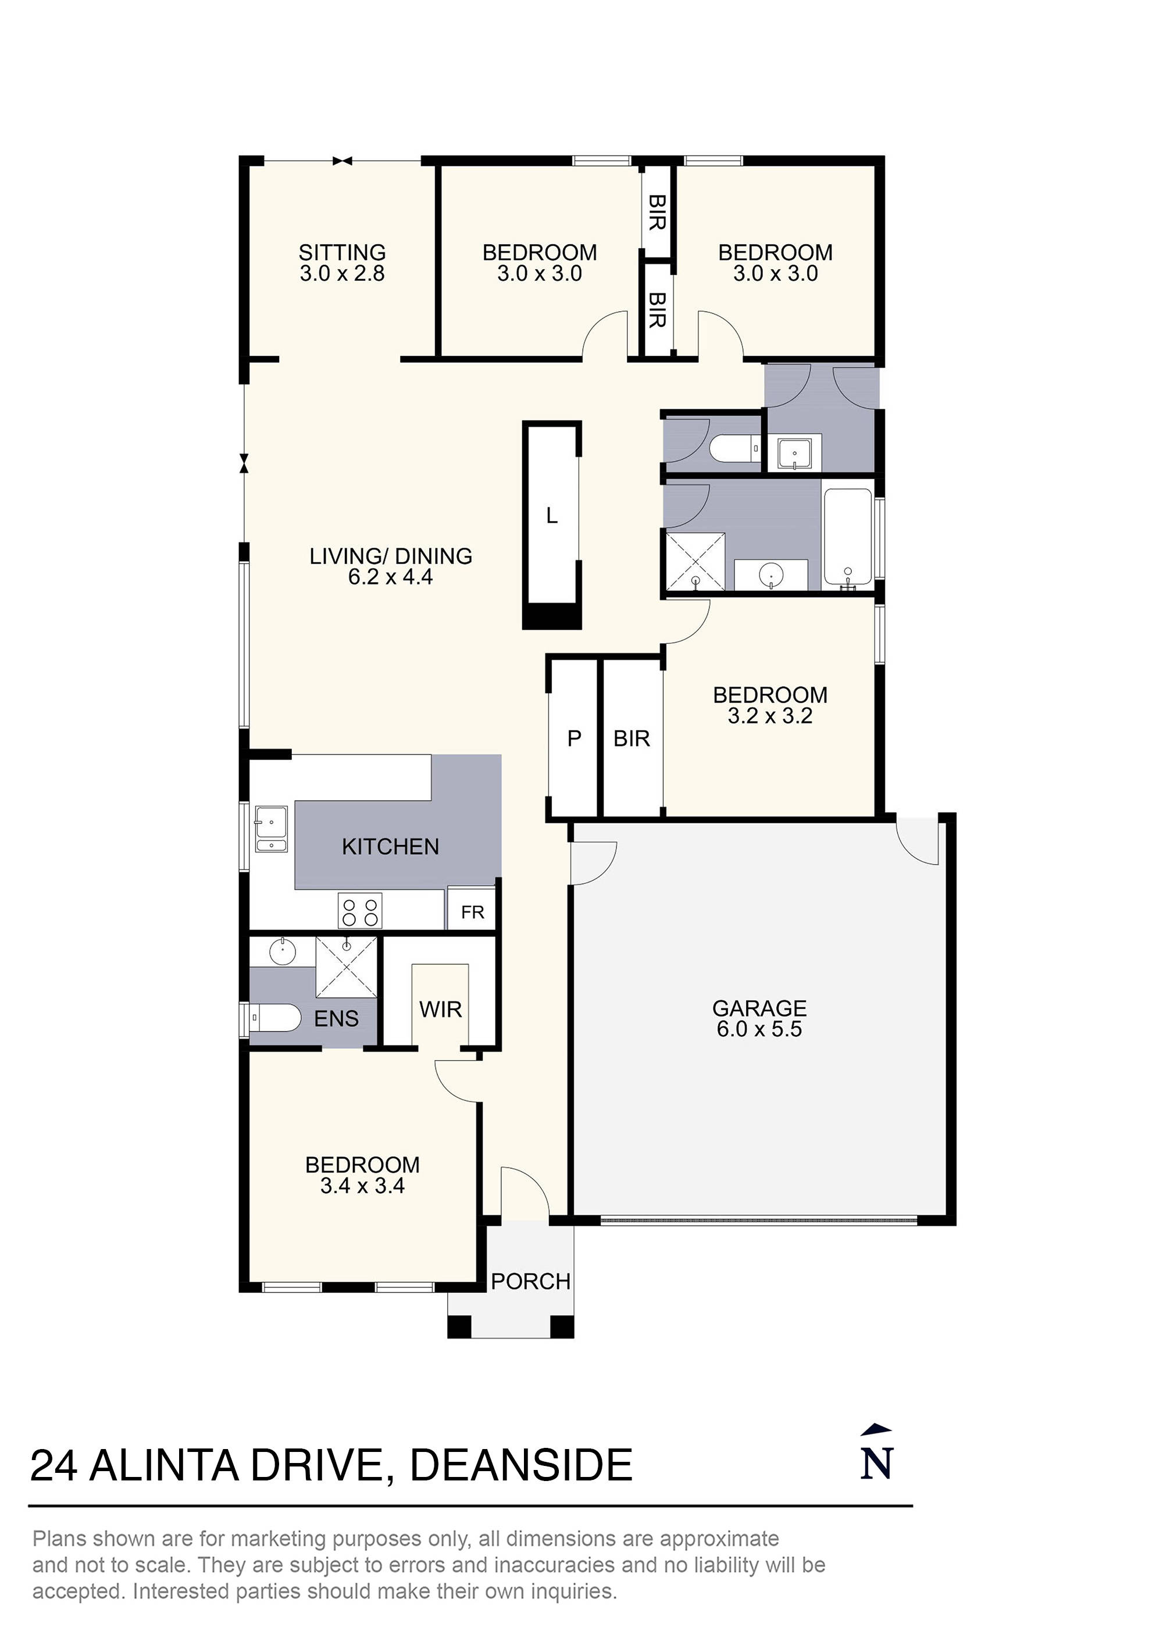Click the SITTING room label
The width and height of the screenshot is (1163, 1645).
coord(342,252)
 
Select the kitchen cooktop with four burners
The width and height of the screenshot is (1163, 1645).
coord(360,911)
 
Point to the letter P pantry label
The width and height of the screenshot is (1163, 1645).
coord(573,738)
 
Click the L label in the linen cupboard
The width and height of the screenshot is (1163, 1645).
coord(551,515)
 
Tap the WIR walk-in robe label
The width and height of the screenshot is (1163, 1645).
coord(440,1009)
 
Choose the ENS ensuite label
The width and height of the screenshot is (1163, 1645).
coord(336,1018)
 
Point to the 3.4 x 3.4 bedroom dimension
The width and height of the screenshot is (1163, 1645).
coord(363,1186)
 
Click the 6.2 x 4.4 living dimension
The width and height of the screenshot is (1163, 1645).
coord(391,577)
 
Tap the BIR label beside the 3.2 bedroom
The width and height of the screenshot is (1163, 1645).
coord(632,738)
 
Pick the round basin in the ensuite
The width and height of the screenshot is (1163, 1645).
coord(283,952)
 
